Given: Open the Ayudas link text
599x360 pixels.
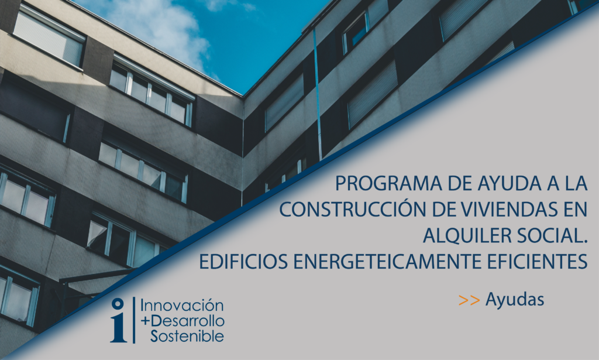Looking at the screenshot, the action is click(515, 300).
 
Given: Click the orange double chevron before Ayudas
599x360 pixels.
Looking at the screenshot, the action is click(469, 300).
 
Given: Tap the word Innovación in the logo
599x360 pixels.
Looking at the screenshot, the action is click(182, 306).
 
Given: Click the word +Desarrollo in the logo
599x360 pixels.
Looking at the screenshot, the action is click(183, 321).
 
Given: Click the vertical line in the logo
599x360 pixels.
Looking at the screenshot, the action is click(134, 320).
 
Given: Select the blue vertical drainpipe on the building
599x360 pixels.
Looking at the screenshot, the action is click(318, 94).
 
